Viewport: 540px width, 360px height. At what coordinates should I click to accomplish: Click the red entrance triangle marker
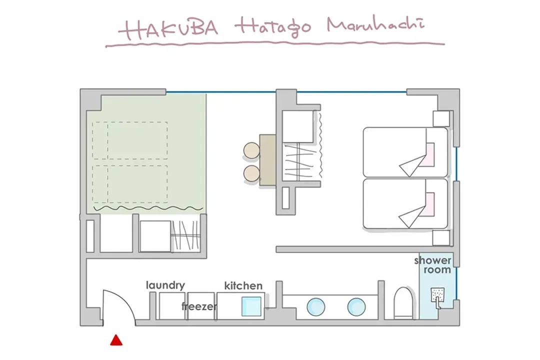pyautogui.click(x=116, y=340)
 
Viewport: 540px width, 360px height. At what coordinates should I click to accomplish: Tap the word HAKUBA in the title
pyautogui.click(x=168, y=28)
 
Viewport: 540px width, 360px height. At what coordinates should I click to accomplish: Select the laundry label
pyautogui.click(x=165, y=285)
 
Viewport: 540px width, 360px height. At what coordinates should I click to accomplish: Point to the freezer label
pyautogui.click(x=199, y=306)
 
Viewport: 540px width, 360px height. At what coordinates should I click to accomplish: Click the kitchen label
pyautogui.click(x=243, y=285)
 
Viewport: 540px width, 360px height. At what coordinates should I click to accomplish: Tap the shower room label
pyautogui.click(x=433, y=265)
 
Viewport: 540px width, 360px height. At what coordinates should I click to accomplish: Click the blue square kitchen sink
pyautogui.click(x=251, y=306)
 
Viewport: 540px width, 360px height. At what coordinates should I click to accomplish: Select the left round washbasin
pyautogui.click(x=315, y=307)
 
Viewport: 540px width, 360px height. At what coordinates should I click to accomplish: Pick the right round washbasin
pyautogui.click(x=356, y=307)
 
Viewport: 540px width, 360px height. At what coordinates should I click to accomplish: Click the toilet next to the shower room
pyautogui.click(x=403, y=303)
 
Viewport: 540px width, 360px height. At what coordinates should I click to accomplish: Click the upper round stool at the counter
pyautogui.click(x=251, y=151)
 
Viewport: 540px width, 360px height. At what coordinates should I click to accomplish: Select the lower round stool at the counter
pyautogui.click(x=251, y=173)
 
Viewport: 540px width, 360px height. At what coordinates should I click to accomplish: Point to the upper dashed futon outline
pyautogui.click(x=130, y=140)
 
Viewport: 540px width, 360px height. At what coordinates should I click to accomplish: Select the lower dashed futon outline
pyautogui.click(x=130, y=184)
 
